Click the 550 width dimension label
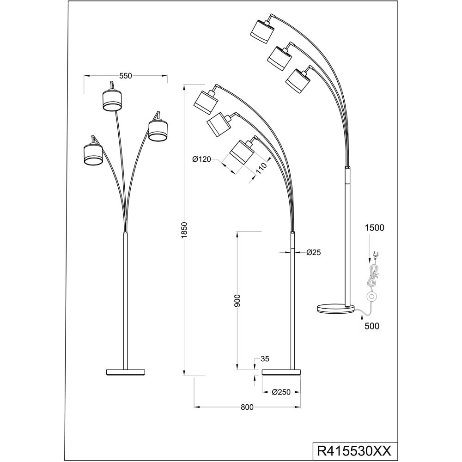125,76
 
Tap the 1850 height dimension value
184,230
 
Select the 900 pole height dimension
237,301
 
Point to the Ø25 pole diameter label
313,252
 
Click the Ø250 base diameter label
280,392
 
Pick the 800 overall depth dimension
247,407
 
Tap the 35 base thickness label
265,359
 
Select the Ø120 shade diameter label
201,159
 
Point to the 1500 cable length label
374,227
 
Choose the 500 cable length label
371,326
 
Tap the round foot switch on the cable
371,297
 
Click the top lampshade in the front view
112,100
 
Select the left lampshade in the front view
93,153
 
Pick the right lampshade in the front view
158,130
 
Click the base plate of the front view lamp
126,372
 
